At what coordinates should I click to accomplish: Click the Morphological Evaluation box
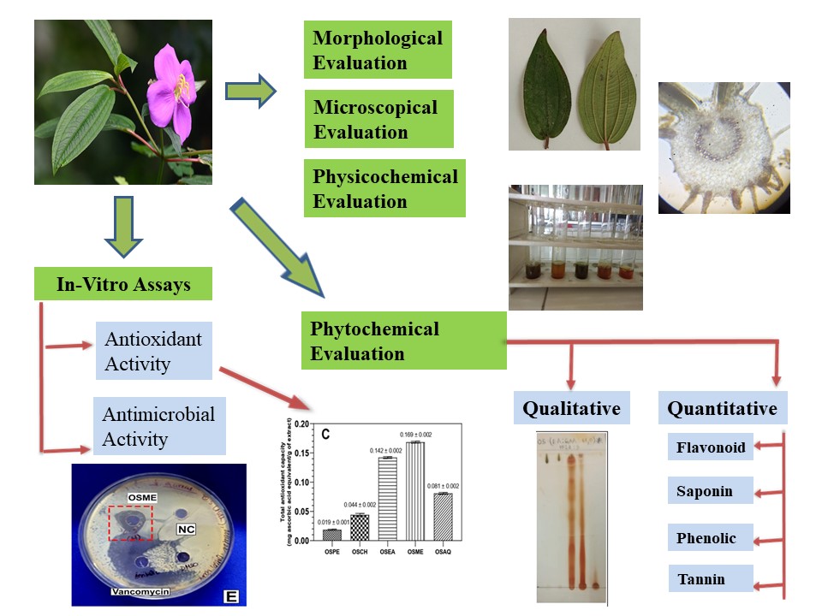(x=378, y=50)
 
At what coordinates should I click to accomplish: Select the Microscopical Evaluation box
(x=378, y=119)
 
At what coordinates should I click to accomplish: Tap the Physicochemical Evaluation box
(x=384, y=188)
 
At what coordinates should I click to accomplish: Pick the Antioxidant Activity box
(x=154, y=351)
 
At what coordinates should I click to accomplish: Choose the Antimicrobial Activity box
(x=159, y=426)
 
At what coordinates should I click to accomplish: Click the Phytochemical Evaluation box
(x=403, y=341)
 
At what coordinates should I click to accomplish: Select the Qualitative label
(x=571, y=408)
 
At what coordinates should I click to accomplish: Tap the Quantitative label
(x=722, y=408)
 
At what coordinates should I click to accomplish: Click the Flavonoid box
(x=711, y=447)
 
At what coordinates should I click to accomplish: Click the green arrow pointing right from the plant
(x=250, y=90)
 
